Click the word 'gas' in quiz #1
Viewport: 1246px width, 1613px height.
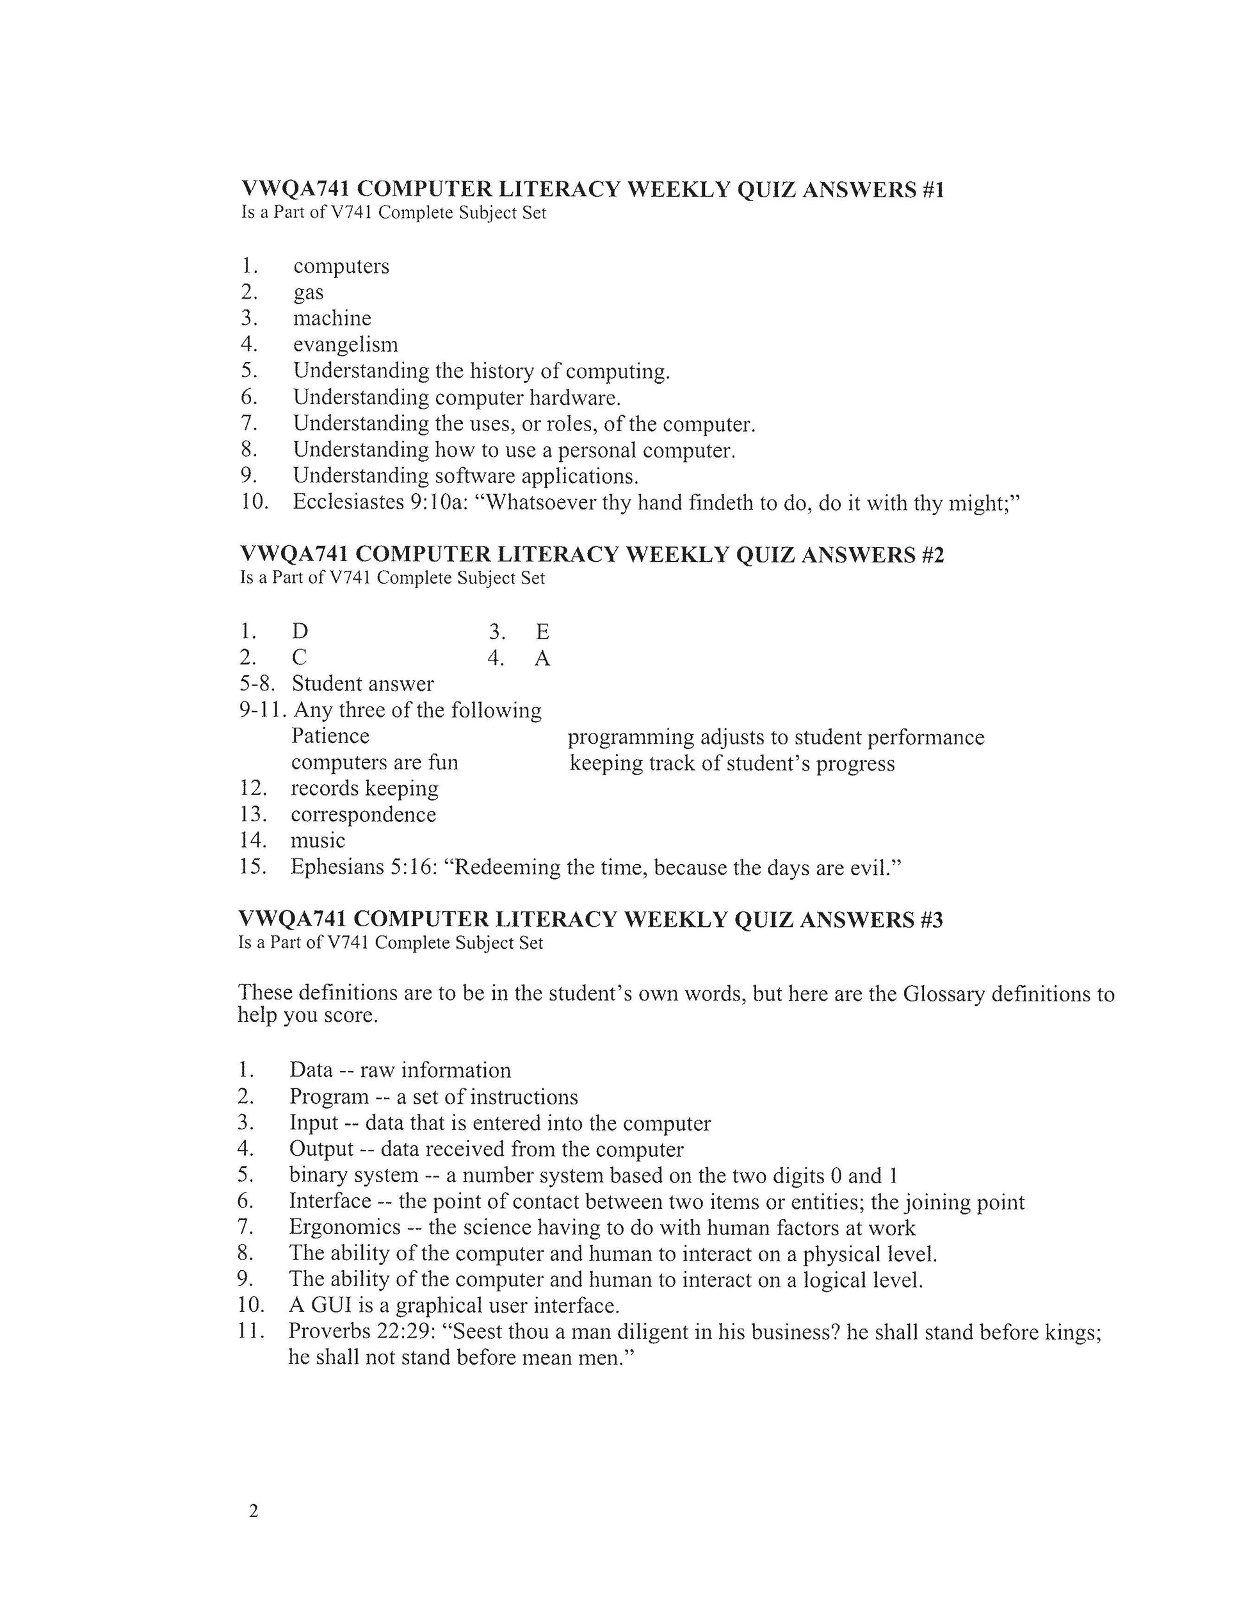coord(309,293)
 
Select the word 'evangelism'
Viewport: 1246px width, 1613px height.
coord(346,344)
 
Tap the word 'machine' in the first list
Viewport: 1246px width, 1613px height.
coord(332,318)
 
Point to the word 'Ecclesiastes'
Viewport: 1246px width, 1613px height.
coord(348,502)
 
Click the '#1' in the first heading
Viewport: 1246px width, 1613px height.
coord(932,190)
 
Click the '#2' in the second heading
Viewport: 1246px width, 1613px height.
coord(932,555)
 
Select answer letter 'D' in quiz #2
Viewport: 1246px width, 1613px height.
coord(300,632)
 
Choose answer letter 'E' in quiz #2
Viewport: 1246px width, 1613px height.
coord(542,632)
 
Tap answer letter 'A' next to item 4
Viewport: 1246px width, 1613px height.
coord(542,657)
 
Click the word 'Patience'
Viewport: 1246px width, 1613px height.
coord(330,736)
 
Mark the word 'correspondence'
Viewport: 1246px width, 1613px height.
coord(363,815)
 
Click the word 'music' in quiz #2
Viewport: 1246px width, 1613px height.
coord(318,840)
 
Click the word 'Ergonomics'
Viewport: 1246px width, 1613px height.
coord(344,1227)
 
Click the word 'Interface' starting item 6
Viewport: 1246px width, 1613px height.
coord(330,1202)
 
